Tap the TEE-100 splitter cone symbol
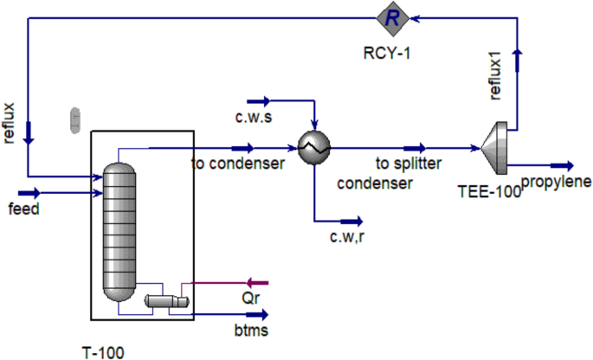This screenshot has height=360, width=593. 494,150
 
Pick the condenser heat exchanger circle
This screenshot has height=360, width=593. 311,149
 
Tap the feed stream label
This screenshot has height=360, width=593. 24,209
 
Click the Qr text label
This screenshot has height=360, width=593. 252,297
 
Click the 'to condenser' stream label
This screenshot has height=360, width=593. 238,163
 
